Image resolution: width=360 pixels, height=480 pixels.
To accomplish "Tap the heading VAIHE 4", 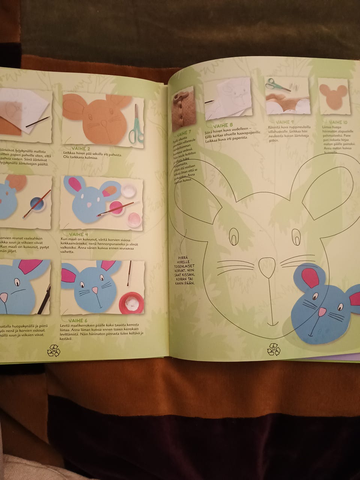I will coord(78,234).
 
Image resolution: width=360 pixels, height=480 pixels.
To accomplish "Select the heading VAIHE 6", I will coord(78,321).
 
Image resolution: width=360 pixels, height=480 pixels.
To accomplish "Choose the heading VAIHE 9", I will coord(285,122).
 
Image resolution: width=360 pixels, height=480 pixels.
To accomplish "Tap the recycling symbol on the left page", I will coord(54,351).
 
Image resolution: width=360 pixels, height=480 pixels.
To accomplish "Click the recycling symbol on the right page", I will coord(273,349).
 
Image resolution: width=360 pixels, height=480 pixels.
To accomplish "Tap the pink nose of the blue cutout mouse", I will coord(322,312).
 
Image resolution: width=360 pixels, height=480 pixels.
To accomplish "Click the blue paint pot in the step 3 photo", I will coord(38,205).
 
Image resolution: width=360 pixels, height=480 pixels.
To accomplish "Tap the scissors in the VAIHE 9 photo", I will coord(277,85).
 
